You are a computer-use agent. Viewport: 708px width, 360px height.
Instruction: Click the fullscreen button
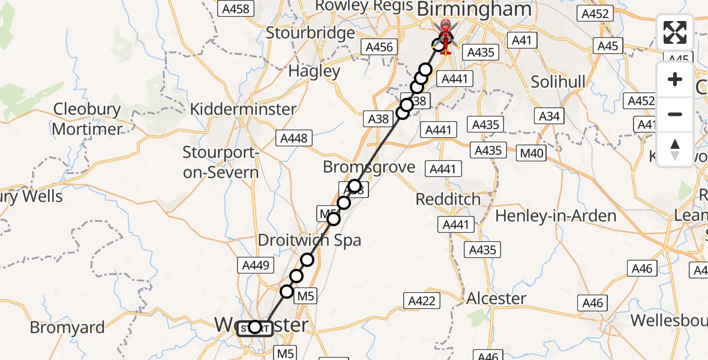point(675,32)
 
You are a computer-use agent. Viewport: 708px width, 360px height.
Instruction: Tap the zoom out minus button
point(675,114)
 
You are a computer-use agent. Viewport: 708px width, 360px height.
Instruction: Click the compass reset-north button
point(675,149)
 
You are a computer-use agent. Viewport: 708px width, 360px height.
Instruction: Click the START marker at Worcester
point(256,328)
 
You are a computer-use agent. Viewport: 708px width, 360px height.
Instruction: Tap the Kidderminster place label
point(243,109)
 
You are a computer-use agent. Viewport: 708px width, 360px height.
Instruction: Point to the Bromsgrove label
point(369,167)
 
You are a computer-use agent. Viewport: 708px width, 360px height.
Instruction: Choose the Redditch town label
point(449,199)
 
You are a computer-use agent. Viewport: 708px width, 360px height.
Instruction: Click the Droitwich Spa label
point(310,241)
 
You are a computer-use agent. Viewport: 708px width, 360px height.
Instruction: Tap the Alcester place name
point(496,298)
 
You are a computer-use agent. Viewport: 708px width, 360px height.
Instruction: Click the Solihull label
point(558,82)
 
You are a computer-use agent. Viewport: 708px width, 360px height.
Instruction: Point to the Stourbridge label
point(311,32)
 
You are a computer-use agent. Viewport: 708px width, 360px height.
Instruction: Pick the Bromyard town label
point(67,328)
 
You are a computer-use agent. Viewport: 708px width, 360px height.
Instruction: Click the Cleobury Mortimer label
point(87,119)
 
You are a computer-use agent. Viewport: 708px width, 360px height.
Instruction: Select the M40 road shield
point(532,153)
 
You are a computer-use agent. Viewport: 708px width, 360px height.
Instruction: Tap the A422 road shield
point(421,301)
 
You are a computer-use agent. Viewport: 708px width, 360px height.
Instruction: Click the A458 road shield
point(236,8)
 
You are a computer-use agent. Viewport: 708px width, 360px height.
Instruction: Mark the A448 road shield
point(294,138)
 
